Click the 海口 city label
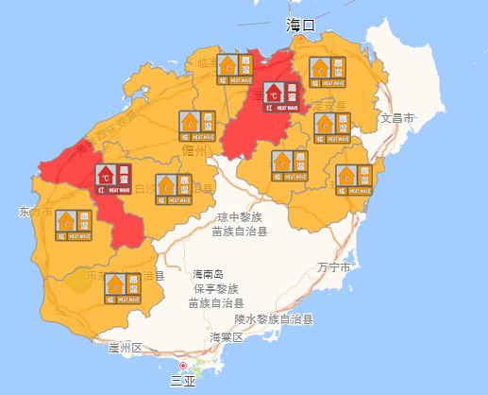click(x=301, y=26)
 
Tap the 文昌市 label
click(x=397, y=118)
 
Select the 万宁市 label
click(x=335, y=267)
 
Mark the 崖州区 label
click(x=125, y=348)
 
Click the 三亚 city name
click(x=183, y=381)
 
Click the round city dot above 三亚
click(x=183, y=365)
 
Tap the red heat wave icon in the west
click(x=113, y=178)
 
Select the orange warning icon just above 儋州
click(x=197, y=125)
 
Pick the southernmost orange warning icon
click(x=123, y=286)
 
